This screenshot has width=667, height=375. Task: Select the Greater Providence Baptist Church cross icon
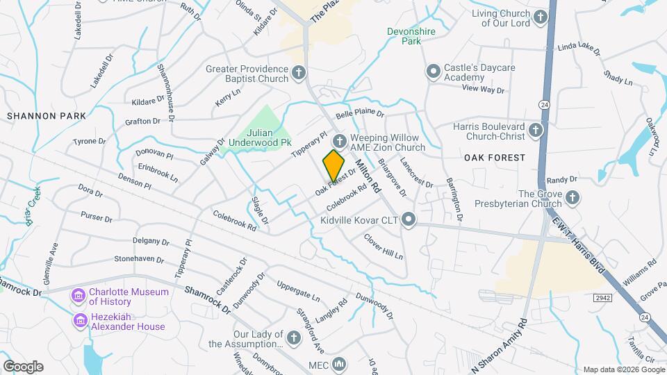pos(298,72)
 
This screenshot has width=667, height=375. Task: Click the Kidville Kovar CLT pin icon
pos(409,220)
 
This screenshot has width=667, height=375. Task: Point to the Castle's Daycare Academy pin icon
pos(434,72)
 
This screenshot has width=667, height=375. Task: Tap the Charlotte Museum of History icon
pos(78,297)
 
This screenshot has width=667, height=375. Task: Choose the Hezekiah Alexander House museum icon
pos(79,320)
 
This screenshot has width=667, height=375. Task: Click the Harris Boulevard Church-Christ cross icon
pos(535,130)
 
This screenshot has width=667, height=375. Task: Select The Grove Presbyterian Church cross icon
pos(572,199)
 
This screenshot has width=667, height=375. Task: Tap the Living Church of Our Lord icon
pos(540,17)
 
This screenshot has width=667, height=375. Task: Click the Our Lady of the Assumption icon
pos(293,337)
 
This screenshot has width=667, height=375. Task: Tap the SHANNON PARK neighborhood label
pos(47,116)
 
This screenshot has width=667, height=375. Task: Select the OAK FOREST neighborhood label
pos(495,158)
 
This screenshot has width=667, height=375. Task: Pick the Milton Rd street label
pos(368,176)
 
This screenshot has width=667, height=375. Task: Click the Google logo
pos(23,367)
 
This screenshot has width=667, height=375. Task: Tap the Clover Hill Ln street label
pos(384,247)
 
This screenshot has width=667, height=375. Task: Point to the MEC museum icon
pos(339,364)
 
